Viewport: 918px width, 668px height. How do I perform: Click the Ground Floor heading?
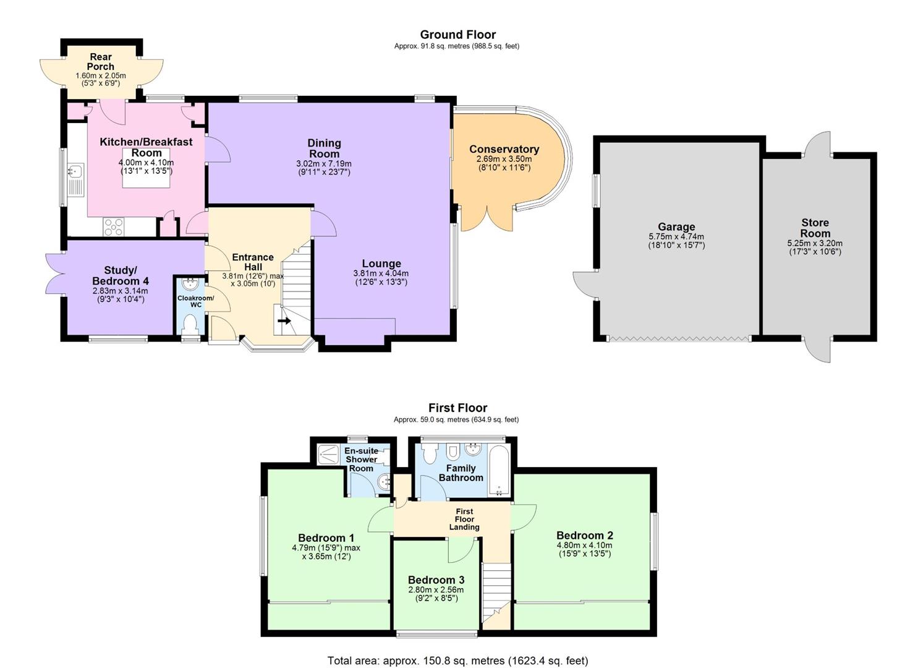[x=457, y=35]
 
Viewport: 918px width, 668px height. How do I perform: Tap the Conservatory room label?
[x=504, y=149]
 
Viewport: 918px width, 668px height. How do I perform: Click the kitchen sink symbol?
[x=77, y=171]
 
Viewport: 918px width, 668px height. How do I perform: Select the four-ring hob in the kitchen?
[x=114, y=227]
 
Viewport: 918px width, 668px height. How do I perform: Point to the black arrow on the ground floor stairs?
[x=284, y=321]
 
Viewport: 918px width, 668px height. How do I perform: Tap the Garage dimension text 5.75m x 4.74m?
[x=676, y=236]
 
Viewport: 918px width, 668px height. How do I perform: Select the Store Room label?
[x=815, y=228]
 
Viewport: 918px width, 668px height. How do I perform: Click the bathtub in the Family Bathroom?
[x=497, y=471]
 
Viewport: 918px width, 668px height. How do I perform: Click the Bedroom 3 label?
[x=436, y=580]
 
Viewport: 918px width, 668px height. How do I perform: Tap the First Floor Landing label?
[x=464, y=519]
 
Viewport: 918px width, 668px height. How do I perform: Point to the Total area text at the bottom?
[x=457, y=661]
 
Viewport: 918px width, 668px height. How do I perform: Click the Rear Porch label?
[x=101, y=61]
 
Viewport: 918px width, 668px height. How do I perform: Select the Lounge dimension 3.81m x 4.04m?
[x=381, y=273]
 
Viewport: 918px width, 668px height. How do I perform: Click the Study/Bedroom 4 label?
[x=121, y=275]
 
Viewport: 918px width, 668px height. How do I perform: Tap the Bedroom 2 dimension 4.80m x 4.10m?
[x=584, y=546]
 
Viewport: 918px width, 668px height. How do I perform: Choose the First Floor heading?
[x=457, y=408]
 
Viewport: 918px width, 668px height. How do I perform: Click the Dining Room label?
[x=324, y=148]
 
